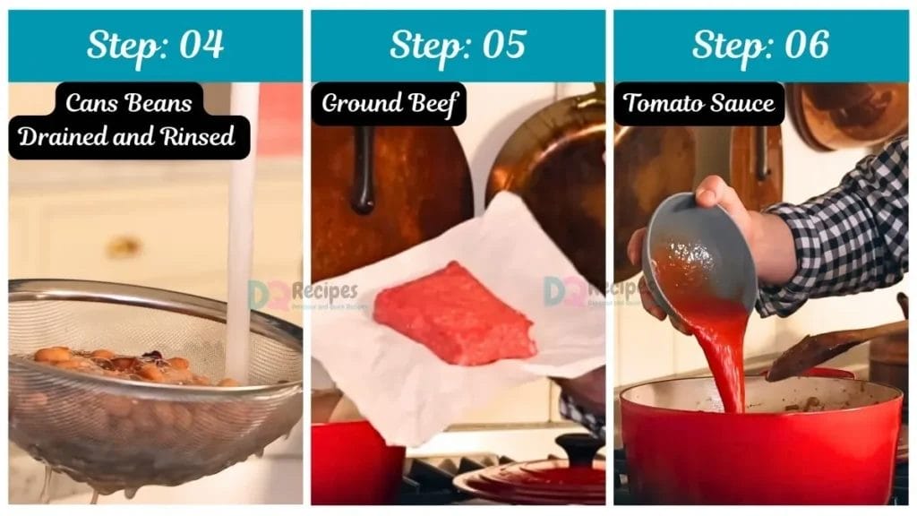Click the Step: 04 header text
155,45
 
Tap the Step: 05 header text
458,45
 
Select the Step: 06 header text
760,45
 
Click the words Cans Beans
129,103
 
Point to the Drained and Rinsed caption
127,137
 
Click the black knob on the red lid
578,446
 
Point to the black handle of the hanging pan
364,170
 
